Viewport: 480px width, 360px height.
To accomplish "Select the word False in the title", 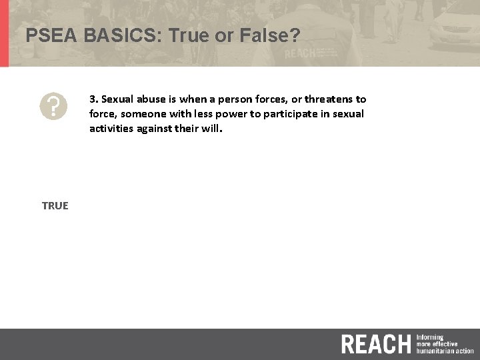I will (262, 35).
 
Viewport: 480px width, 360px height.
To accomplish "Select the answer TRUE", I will (55, 205).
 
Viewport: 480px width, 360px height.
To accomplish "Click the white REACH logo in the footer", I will (375, 344).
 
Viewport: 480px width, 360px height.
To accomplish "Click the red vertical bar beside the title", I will (4, 33).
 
